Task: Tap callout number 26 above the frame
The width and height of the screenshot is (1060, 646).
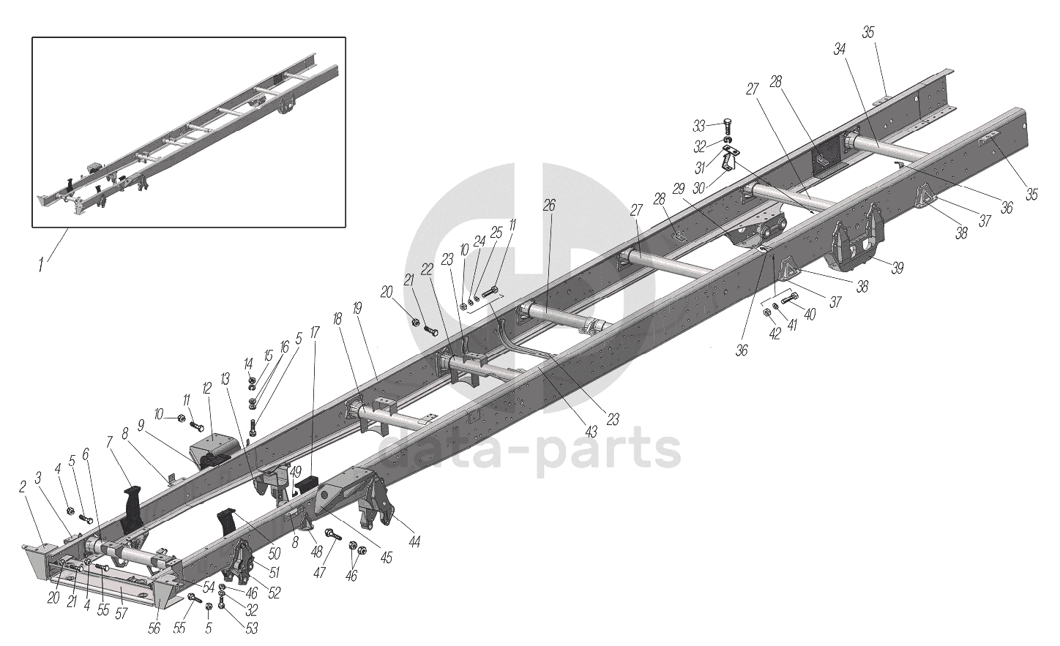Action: (549, 206)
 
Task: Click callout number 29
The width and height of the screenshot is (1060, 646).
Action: (679, 189)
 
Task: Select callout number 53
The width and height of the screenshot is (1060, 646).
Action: (251, 628)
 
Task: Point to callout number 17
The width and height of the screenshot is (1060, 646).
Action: (315, 331)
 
